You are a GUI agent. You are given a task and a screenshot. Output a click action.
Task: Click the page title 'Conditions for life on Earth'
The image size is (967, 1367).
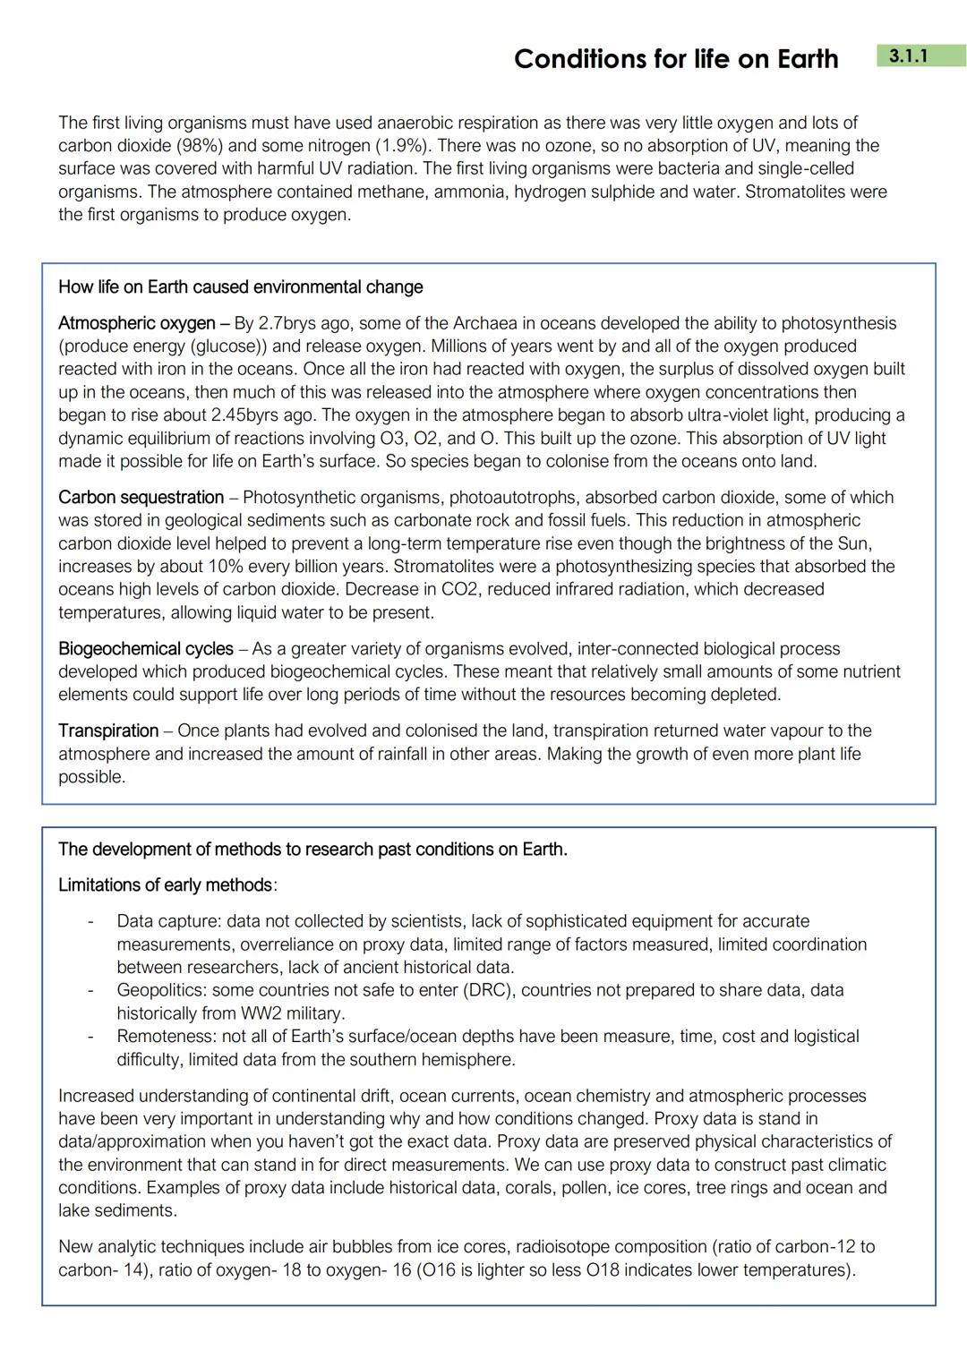676,59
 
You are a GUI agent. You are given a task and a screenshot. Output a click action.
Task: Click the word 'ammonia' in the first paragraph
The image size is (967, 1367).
470,192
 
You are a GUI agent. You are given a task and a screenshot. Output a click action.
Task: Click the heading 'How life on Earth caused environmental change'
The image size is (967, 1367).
240,287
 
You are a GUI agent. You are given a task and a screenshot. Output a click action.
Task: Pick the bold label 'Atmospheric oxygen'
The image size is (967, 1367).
136,323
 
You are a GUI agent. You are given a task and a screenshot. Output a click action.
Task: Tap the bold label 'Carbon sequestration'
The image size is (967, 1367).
141,498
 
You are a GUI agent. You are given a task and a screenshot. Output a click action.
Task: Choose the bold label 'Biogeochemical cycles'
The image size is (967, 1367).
145,649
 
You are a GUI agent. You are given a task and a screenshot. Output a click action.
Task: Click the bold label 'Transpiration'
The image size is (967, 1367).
107,731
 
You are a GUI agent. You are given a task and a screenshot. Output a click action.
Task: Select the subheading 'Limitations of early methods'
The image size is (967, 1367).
165,885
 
